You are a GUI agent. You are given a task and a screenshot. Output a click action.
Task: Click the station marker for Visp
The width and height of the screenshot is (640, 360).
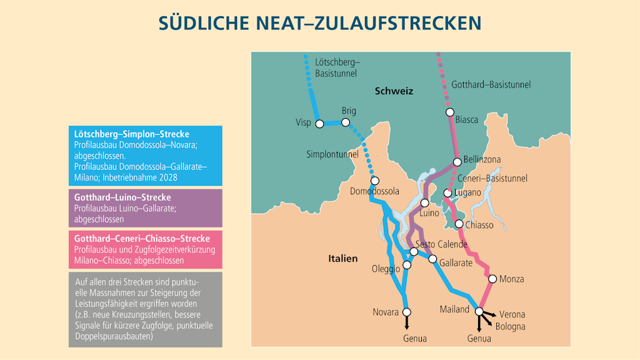(319, 124)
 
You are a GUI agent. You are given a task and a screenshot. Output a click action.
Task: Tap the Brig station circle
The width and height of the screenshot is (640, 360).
(346, 122)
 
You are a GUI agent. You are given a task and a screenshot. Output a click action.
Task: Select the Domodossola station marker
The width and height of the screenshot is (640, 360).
(374, 181)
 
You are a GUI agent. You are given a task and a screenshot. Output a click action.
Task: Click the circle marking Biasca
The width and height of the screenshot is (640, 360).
(449, 112)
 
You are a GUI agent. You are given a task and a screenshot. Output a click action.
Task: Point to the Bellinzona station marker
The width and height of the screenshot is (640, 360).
(457, 162)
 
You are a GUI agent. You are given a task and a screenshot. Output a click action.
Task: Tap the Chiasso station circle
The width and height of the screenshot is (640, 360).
(459, 224)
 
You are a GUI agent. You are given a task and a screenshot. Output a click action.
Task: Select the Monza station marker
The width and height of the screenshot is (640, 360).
(492, 279)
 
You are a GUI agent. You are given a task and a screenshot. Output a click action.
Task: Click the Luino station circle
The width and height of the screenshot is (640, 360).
(424, 202)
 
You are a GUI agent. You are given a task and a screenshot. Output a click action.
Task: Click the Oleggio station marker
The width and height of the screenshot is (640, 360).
(407, 265)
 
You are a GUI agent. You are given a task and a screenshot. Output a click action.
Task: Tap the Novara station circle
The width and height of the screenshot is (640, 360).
(407, 311)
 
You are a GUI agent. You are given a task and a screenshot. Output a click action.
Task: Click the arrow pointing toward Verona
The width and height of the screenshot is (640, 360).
(491, 314)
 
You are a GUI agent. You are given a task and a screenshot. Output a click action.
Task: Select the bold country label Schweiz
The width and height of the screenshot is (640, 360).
(394, 91)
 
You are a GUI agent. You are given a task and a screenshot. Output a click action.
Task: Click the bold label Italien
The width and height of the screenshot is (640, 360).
(343, 258)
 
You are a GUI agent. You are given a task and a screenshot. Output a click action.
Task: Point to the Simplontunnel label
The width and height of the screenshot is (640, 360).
(332, 154)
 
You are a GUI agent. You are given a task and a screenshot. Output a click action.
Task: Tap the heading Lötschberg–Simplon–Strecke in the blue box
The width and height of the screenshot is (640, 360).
(131, 134)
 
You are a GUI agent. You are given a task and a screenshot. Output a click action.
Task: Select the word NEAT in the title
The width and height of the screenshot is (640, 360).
(282, 22)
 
